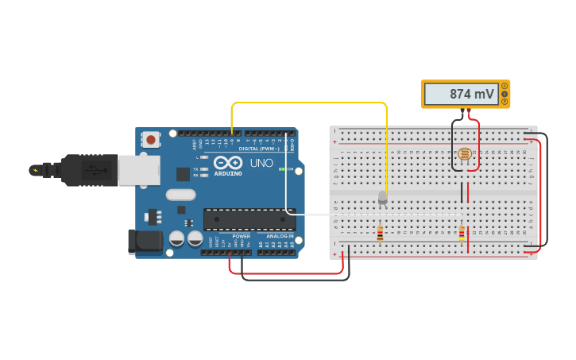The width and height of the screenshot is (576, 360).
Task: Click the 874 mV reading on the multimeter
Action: click(471, 94)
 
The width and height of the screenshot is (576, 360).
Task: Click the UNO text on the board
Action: click(261, 163)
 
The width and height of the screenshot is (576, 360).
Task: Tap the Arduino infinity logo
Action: click(226, 162)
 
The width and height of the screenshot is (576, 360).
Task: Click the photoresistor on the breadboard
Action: click(464, 153)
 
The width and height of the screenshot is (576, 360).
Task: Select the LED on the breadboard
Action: click(382, 197)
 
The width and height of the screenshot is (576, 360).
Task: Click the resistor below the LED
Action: click(380, 233)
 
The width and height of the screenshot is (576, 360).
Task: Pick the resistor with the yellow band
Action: click(462, 233)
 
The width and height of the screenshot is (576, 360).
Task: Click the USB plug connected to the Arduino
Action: click(95, 169)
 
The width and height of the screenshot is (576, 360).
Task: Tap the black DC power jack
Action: click(145, 242)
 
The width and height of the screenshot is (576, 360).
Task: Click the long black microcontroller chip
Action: click(249, 219)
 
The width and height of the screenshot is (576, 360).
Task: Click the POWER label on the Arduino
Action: click(241, 236)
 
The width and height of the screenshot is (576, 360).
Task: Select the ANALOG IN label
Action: click(279, 236)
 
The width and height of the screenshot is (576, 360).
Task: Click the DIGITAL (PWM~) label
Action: click(259, 149)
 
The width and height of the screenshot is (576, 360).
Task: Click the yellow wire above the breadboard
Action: click(310, 103)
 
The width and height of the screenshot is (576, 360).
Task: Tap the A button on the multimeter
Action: click(504, 86)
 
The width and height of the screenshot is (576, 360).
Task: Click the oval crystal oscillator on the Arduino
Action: click(180, 195)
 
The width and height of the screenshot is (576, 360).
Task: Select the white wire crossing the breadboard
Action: click(373, 215)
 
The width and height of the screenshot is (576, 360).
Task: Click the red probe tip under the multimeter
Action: click(470, 111)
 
